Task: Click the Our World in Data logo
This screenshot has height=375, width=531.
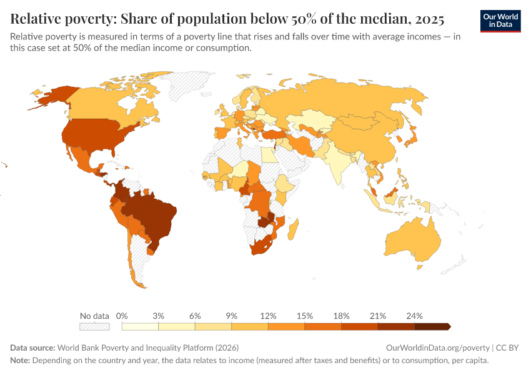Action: point(500,21)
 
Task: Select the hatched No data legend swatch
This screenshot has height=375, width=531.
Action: point(94,326)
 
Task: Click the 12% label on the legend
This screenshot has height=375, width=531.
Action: point(268,316)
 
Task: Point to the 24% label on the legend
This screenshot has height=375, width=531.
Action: point(414,316)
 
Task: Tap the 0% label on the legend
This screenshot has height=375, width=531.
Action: point(122,316)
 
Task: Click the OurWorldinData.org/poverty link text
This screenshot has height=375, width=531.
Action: point(437,347)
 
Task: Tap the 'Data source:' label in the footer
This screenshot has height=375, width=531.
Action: point(32,347)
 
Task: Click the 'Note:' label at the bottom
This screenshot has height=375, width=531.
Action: point(20,361)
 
